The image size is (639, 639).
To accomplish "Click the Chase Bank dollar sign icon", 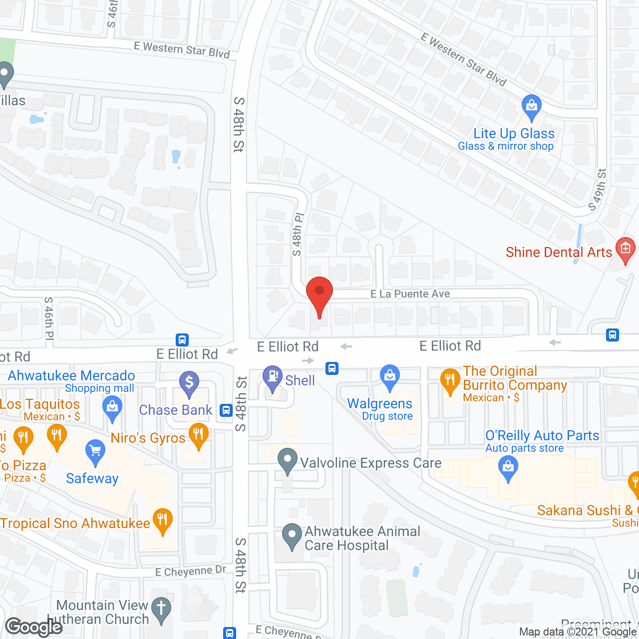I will pos(189,382).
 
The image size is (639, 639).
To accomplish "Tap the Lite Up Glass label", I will pos(514,134).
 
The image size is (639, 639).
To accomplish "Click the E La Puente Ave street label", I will pos(410,294).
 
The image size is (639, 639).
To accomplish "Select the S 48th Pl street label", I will pos(298,234).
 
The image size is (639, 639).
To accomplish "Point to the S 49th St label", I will pos(598,190).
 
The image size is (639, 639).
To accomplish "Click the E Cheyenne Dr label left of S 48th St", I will pos(191,571).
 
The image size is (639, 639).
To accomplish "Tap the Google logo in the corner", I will pos(33,627).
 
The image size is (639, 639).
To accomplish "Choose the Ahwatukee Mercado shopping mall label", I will pos(71,376).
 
